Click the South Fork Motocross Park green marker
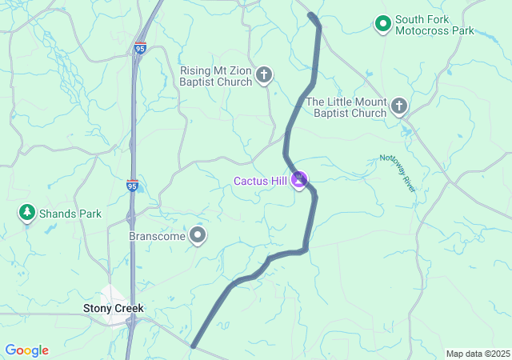tap(383, 24)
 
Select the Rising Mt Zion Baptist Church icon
tap(264, 76)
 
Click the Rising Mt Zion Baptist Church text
tap(216, 76)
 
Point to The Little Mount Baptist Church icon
tap(399, 106)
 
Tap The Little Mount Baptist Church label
tap(346, 107)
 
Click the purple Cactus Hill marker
tap(299, 180)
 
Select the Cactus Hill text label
tap(260, 181)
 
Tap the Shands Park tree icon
tap(27, 213)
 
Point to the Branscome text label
tap(158, 237)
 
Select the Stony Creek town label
tap(114, 308)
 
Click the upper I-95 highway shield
tap(141, 48)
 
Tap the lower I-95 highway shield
tap(132, 186)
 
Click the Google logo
tap(26, 350)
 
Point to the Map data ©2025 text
tap(478, 354)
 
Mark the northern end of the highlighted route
tap(311, 15)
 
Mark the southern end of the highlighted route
tap(194, 346)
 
